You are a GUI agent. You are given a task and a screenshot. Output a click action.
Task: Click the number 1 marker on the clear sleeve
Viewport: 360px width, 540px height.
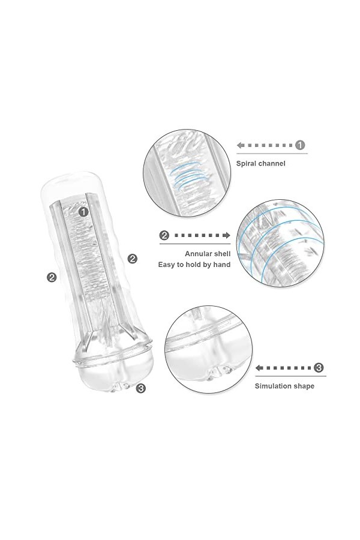pyautogui.click(x=83, y=211)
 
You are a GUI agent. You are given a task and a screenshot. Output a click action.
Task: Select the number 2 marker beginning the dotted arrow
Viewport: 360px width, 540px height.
pyautogui.click(x=164, y=236)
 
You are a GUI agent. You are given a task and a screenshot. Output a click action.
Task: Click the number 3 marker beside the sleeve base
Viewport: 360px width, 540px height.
pyautogui.click(x=140, y=388)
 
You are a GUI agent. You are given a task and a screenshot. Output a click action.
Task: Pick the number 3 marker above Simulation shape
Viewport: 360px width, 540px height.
pyautogui.click(x=319, y=367)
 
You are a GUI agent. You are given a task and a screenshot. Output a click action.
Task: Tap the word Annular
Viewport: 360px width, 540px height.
pyautogui.click(x=199, y=253)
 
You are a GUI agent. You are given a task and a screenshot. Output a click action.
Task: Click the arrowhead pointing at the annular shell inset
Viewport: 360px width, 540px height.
pyautogui.click(x=228, y=236)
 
